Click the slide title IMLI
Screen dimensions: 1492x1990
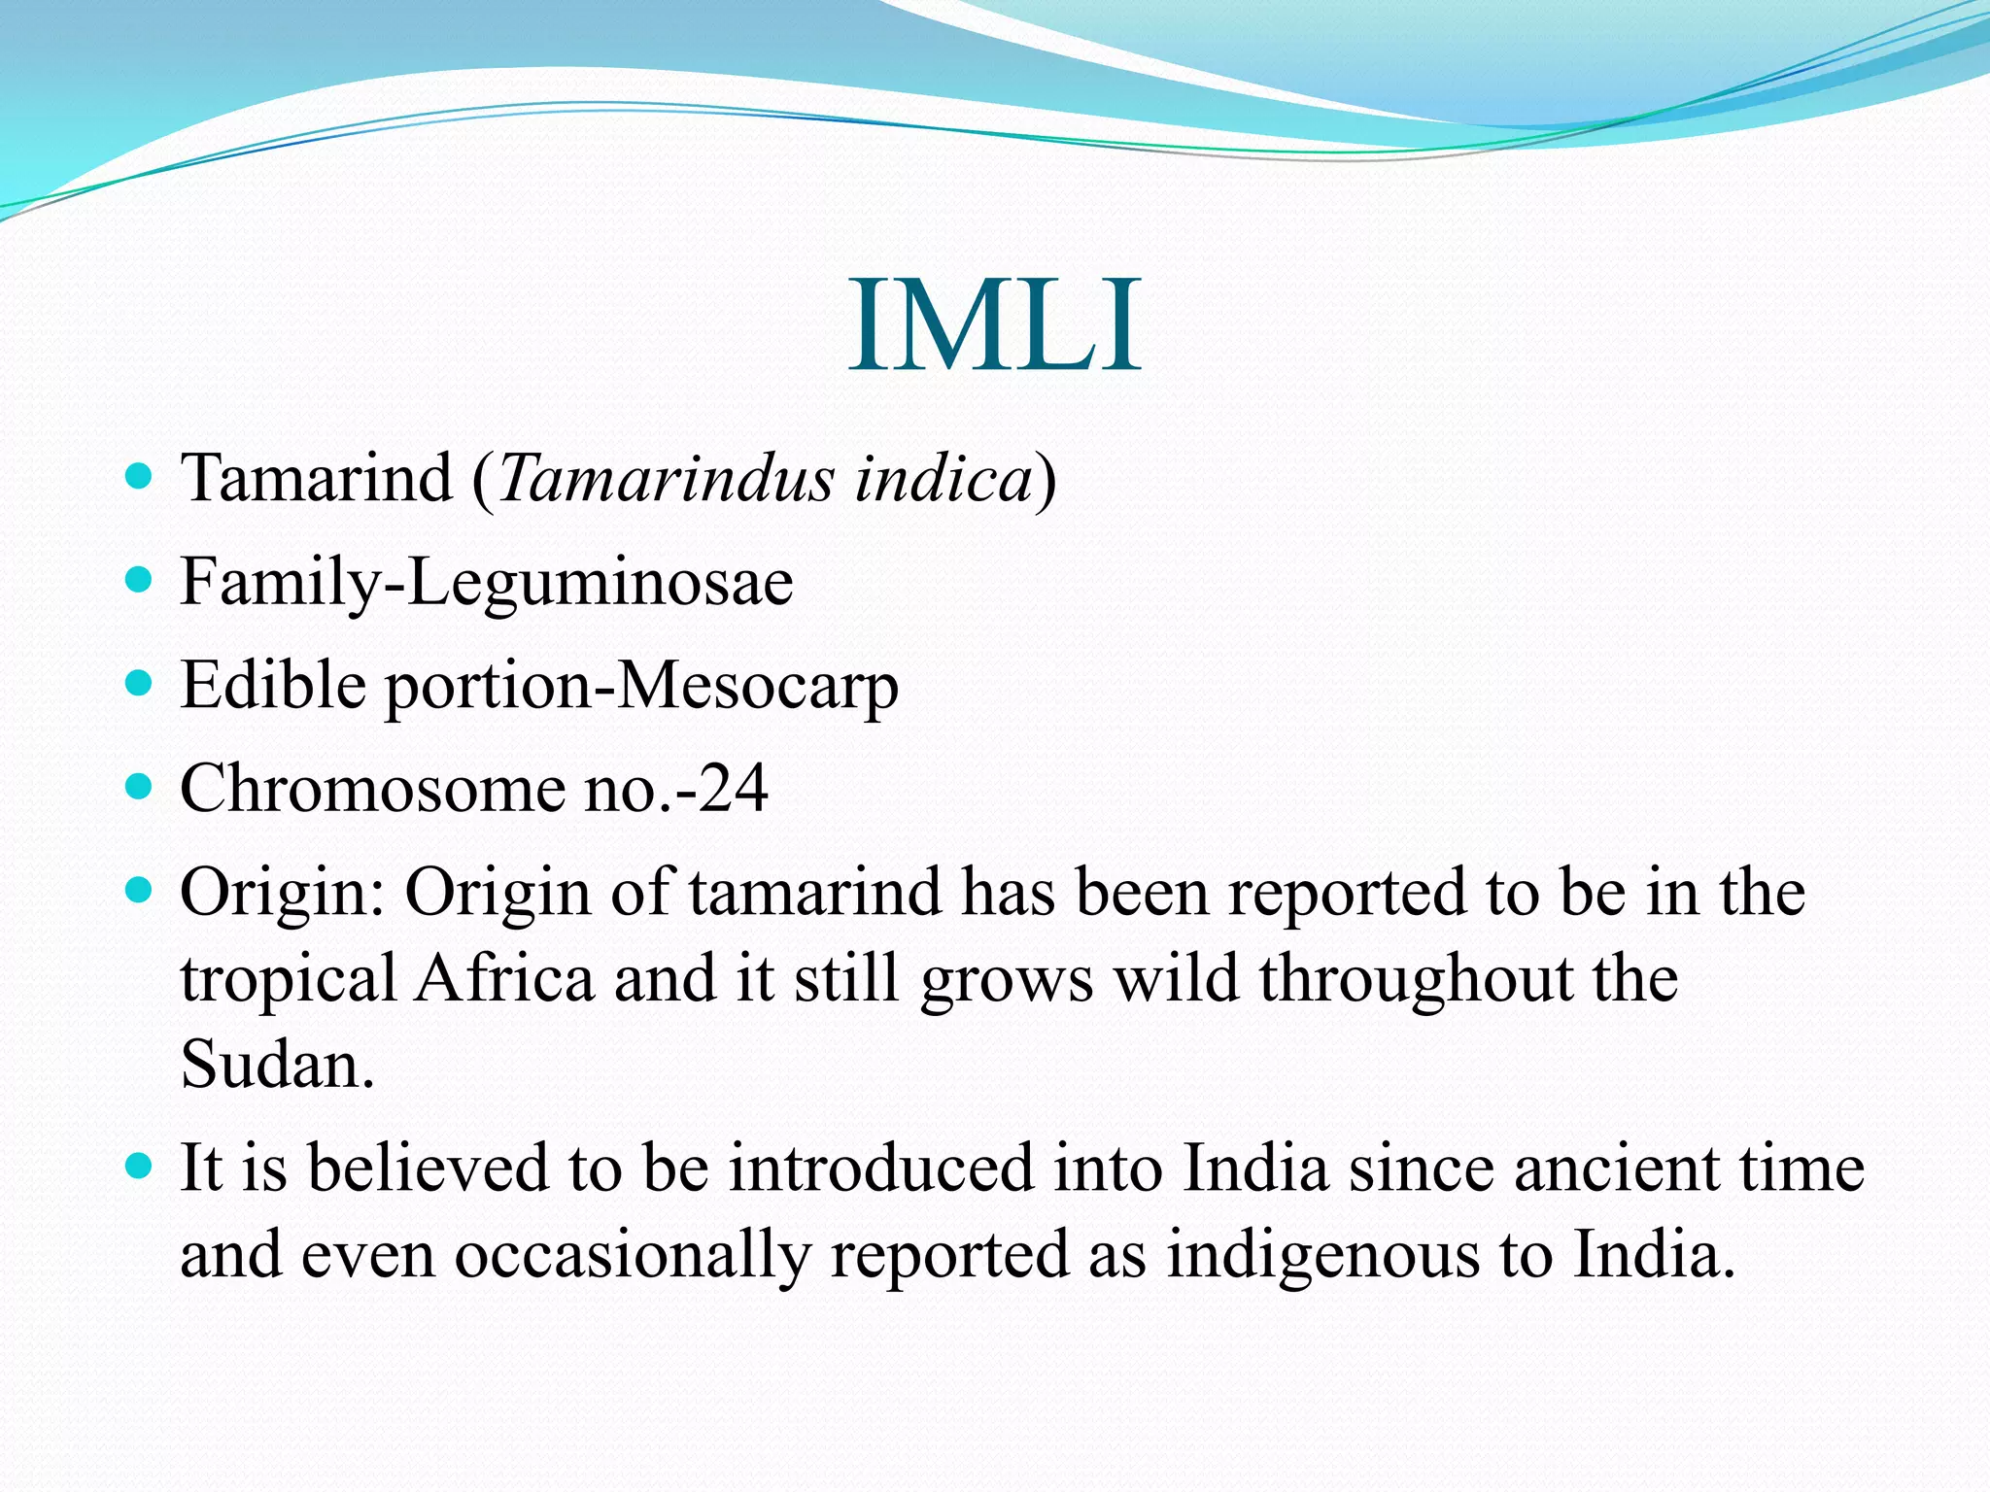tap(994, 324)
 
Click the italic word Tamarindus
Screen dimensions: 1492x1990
tap(667, 479)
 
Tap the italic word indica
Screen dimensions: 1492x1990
tap(943, 479)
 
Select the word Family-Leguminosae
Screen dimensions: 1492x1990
tap(487, 583)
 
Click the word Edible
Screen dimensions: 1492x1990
tap(273, 685)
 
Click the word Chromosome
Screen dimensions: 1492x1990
tap(371, 788)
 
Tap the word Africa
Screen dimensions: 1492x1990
tap(504, 978)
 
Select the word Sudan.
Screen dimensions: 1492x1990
tap(277, 1065)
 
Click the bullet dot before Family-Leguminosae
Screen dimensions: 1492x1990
tap(140, 580)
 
